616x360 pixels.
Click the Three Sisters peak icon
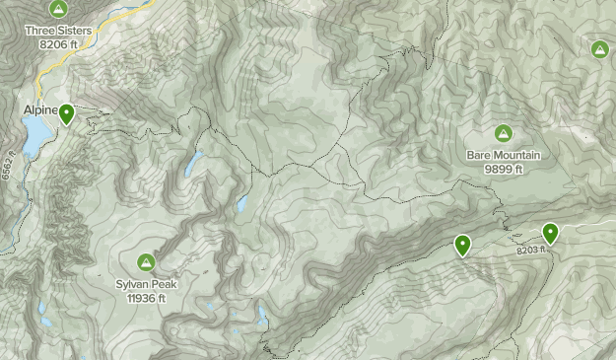58,10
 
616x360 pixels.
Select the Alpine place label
36,111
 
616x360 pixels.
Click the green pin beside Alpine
66,113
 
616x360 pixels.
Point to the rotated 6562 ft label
8,167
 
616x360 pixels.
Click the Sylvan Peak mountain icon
146,262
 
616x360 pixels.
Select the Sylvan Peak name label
146,284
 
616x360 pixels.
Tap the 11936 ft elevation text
146,297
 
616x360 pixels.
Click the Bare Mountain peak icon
503,133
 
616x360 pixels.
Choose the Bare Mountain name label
504,155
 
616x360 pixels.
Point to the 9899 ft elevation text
504,168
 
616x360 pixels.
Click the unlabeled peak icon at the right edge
599,49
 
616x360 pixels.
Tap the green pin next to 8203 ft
550,233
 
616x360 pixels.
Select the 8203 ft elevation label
530,251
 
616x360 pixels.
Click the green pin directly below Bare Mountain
462,245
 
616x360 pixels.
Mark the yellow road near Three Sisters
44,74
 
